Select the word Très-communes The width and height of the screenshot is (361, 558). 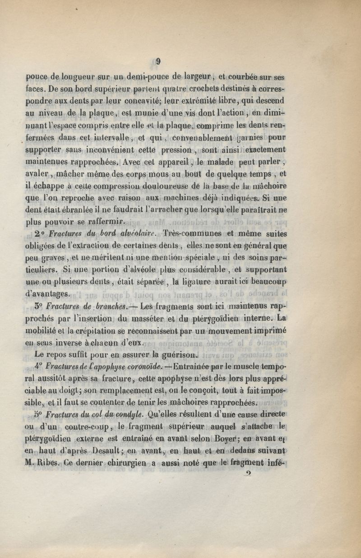pos(191,233)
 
